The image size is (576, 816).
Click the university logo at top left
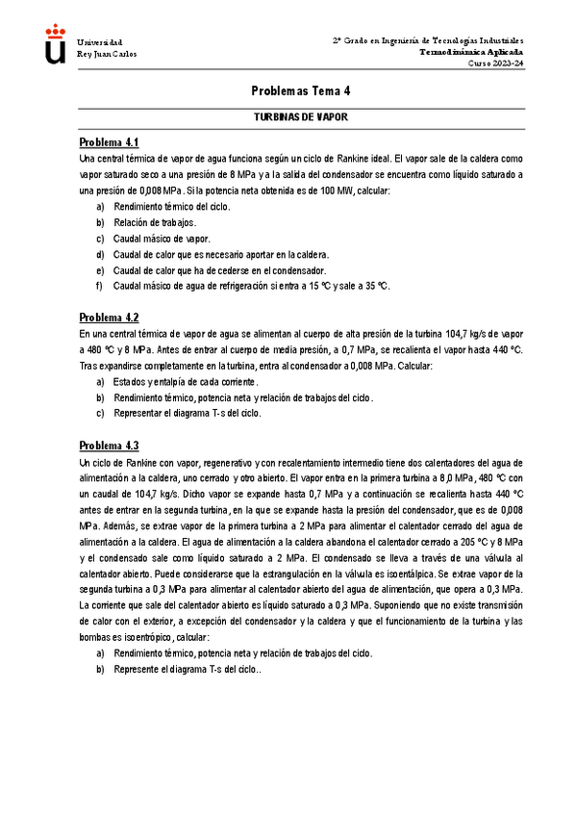57,45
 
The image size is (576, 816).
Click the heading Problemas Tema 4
301,90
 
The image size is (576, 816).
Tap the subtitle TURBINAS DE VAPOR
300,115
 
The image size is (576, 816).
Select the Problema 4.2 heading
109,318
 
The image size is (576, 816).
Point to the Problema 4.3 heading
109,446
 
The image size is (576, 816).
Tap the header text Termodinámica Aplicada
471,52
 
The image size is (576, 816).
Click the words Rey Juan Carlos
106,54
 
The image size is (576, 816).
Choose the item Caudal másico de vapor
161,238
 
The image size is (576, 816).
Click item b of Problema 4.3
187,669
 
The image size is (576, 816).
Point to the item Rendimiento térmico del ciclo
171,206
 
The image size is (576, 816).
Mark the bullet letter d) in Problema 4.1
100,254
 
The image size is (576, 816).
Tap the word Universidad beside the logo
99,42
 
